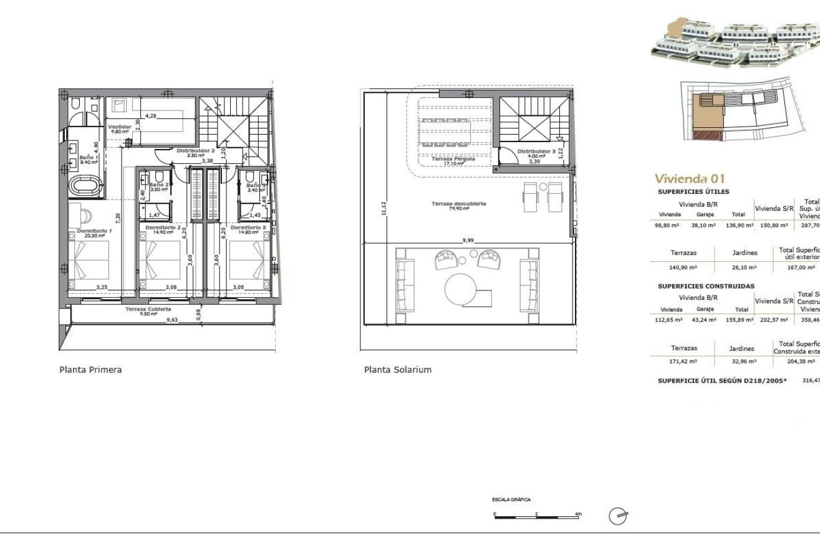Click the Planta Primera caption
pyautogui.click(x=90, y=370)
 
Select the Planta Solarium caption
pyautogui.click(x=397, y=370)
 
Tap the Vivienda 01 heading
pyautogui.click(x=690, y=179)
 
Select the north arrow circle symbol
pyautogui.click(x=617, y=515)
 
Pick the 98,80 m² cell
pyautogui.click(x=665, y=226)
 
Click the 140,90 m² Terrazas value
pyautogui.click(x=683, y=267)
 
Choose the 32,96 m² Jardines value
pyautogui.click(x=743, y=362)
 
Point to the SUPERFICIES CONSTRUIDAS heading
pyautogui.click(x=706, y=286)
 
